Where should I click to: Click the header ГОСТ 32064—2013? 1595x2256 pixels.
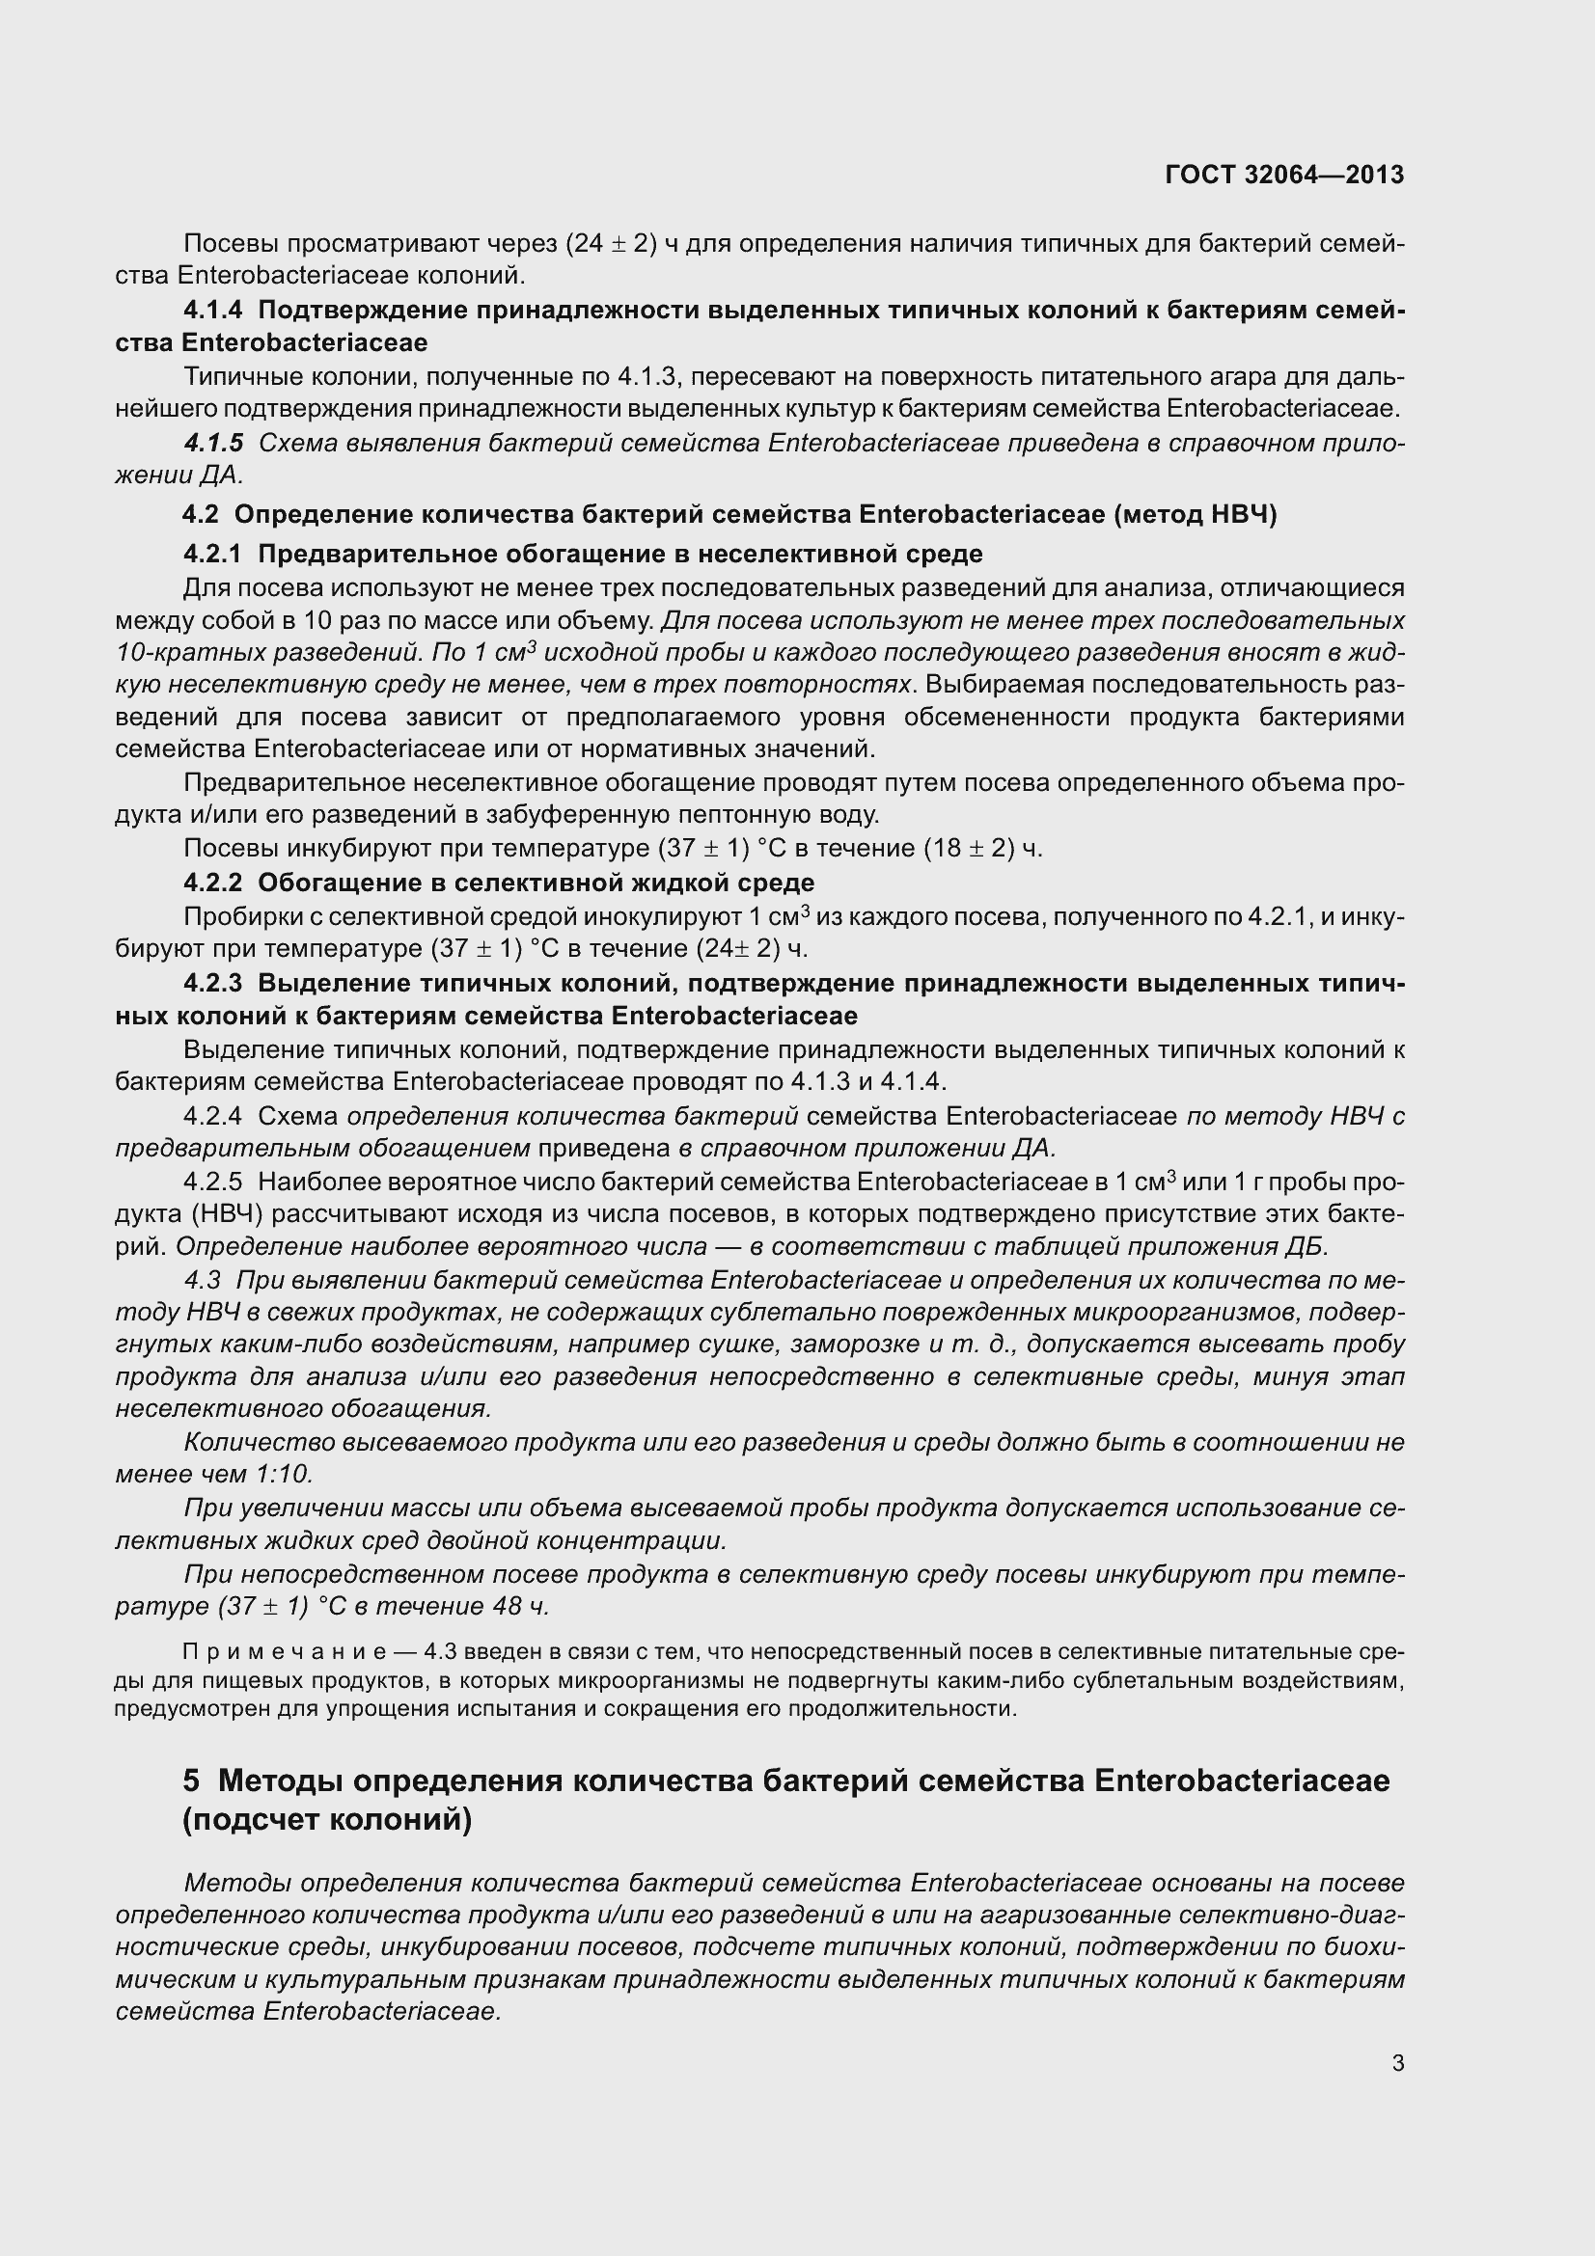[1283, 175]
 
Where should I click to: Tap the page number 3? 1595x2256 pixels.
[1397, 2062]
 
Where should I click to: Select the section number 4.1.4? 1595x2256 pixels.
[212, 311]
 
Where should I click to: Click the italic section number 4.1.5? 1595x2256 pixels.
[213, 443]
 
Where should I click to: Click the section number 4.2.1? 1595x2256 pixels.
[212, 555]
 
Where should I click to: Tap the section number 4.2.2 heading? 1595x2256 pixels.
[212, 883]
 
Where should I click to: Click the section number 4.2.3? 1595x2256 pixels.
[212, 984]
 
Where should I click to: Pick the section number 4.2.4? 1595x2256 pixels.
[212, 1116]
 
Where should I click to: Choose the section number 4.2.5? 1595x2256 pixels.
[212, 1182]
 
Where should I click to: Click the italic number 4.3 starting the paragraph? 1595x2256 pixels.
[203, 1280]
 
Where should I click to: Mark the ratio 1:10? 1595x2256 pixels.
[284, 1474]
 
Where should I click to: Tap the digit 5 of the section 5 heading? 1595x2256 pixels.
[192, 1780]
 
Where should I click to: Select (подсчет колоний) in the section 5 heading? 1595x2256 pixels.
[327, 1821]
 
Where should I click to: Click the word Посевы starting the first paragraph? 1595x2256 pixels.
[227, 244]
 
